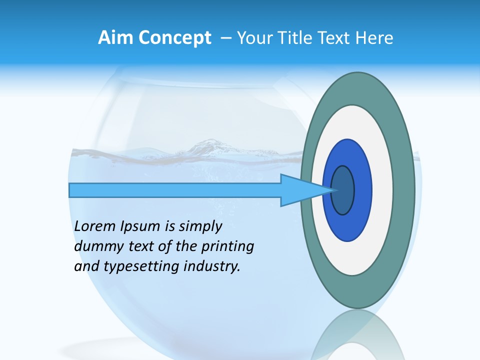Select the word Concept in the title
[175, 38]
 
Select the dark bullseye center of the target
[343, 190]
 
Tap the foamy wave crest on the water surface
[210, 146]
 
